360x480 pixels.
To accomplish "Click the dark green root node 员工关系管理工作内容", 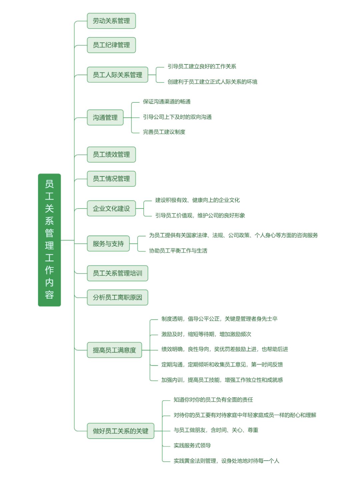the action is click(49, 240).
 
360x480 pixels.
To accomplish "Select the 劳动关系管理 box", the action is click(111, 21).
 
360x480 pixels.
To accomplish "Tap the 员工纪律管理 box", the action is click(111, 45).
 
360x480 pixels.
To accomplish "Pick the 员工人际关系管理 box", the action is click(118, 75).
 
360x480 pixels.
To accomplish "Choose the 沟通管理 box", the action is click(105, 117).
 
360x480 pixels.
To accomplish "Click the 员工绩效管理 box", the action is click(111, 154).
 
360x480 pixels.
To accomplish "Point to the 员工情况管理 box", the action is click(111, 179).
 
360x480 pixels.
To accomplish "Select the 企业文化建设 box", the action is click(111, 208).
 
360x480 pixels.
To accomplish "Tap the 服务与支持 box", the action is click(108, 244).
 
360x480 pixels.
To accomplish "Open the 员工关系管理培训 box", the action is click(118, 273).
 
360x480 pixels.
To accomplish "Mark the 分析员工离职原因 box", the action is click(118, 298).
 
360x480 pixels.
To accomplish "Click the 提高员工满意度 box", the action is click(114, 350).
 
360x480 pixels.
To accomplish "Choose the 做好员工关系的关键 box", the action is click(121, 431).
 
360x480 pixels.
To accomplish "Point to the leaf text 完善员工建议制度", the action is click(164, 132).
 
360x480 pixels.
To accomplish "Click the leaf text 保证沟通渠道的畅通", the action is click(167, 101).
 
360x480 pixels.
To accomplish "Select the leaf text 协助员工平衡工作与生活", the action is click(178, 251).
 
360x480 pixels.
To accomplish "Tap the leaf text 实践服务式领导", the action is click(192, 445).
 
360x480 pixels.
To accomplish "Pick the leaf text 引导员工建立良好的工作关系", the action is click(202, 66).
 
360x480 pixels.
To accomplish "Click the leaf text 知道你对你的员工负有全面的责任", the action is click(213, 400).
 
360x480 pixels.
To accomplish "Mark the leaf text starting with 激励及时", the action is click(206, 334).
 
